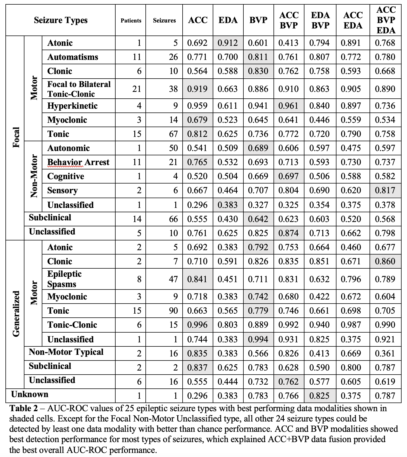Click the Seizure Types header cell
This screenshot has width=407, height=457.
(x=61, y=20)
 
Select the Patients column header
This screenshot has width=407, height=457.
(x=131, y=21)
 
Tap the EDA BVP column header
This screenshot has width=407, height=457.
(x=320, y=20)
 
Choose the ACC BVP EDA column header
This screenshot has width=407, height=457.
(x=386, y=20)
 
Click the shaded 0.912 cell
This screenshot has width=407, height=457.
(x=228, y=43)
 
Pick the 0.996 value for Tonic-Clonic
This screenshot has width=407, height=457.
(x=197, y=325)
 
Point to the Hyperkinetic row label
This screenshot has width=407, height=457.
(x=72, y=106)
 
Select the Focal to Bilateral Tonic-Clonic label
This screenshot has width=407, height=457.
(x=79, y=89)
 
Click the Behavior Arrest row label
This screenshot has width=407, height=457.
(x=78, y=162)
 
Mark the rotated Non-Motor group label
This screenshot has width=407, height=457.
(x=34, y=176)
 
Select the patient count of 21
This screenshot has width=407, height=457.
(x=137, y=89)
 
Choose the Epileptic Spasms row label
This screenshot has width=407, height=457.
(x=64, y=279)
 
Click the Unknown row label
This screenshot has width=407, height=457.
(x=30, y=394)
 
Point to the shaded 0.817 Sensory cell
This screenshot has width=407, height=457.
(x=385, y=190)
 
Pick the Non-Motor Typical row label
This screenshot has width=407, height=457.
(x=66, y=352)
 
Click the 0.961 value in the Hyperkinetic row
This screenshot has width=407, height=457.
(x=288, y=106)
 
